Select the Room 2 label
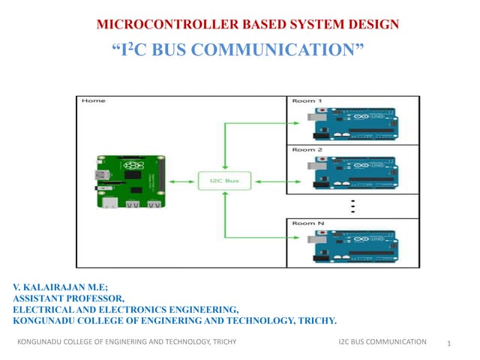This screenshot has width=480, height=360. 306,150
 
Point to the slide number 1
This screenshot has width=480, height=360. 447,343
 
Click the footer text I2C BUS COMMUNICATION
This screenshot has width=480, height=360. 382,342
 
